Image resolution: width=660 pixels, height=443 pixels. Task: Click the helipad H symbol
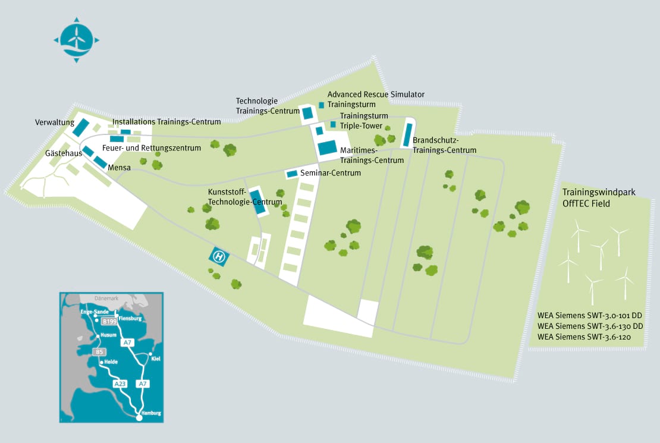click(x=219, y=256)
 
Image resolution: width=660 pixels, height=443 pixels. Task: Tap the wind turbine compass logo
click(x=76, y=40)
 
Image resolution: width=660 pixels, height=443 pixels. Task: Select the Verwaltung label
click(x=55, y=122)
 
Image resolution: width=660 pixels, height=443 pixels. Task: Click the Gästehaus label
click(x=64, y=153)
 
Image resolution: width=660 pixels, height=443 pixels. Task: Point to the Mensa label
click(x=119, y=168)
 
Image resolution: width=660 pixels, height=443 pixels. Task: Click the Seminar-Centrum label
click(x=331, y=172)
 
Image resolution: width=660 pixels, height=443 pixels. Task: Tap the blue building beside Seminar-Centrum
click(x=292, y=174)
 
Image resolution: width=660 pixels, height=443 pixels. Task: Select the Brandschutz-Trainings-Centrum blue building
click(x=407, y=135)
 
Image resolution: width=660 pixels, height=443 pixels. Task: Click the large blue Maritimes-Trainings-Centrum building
click(x=327, y=148)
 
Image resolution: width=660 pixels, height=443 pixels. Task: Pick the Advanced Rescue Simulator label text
click(x=376, y=95)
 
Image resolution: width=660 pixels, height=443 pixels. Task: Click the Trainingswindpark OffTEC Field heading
click(x=599, y=198)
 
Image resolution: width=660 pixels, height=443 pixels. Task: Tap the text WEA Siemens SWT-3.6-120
click(x=584, y=337)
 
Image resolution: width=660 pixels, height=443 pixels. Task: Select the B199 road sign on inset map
click(x=109, y=321)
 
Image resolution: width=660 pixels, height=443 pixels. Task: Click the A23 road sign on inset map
click(x=120, y=384)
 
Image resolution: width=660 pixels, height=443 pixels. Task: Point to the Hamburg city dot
click(x=139, y=417)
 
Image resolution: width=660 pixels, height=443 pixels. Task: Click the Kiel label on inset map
click(x=156, y=359)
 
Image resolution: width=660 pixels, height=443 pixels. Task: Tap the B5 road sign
click(x=99, y=351)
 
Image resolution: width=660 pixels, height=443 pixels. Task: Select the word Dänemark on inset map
click(x=106, y=298)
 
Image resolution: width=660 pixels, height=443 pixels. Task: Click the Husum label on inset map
click(x=108, y=335)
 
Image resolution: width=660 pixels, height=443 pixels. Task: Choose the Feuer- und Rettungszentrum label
click(x=152, y=148)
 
